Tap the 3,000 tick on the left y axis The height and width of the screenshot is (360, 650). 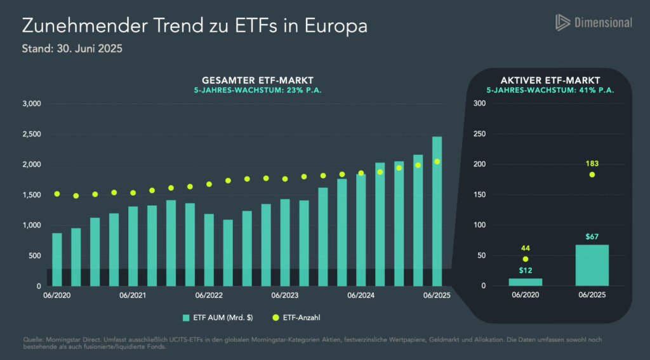[31, 103]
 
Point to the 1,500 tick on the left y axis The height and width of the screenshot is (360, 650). [31, 195]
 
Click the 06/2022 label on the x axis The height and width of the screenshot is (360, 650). [209, 296]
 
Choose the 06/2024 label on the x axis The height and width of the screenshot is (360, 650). [361, 296]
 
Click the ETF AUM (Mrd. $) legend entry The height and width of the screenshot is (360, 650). [218, 317]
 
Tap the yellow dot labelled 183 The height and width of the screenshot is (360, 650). [592, 175]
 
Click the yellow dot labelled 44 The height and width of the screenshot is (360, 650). [526, 259]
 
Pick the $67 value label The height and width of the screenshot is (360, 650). [592, 237]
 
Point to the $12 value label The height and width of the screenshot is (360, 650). [526, 270]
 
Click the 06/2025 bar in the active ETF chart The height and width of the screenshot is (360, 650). [592, 265]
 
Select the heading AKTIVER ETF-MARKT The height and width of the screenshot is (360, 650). [550, 81]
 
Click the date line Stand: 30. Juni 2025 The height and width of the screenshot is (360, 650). [72, 48]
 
